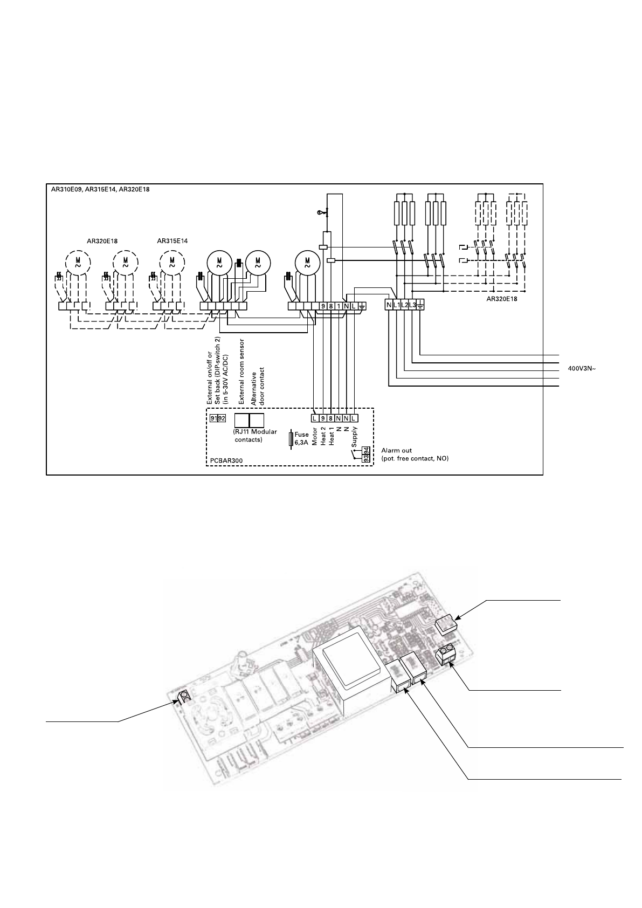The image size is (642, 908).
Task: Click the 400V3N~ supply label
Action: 582,369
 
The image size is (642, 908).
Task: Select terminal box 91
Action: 214,418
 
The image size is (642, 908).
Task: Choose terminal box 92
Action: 222,418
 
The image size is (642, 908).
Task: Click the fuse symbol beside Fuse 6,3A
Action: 291,439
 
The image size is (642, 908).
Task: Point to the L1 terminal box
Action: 396,305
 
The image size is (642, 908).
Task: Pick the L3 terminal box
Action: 412,305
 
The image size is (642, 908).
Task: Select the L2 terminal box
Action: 404,305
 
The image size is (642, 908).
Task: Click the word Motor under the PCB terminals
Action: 315,436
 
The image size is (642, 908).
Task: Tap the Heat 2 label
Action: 323,436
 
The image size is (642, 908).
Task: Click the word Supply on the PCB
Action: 354,437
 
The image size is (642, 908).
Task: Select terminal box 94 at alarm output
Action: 366,450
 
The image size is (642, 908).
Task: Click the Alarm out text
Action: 396,450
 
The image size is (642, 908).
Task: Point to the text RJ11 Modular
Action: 255,432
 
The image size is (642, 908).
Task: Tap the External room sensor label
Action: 241,372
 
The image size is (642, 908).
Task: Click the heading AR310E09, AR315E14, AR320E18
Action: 100,189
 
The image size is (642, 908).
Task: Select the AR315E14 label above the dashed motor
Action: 172,241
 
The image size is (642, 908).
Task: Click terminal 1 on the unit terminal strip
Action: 339,306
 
